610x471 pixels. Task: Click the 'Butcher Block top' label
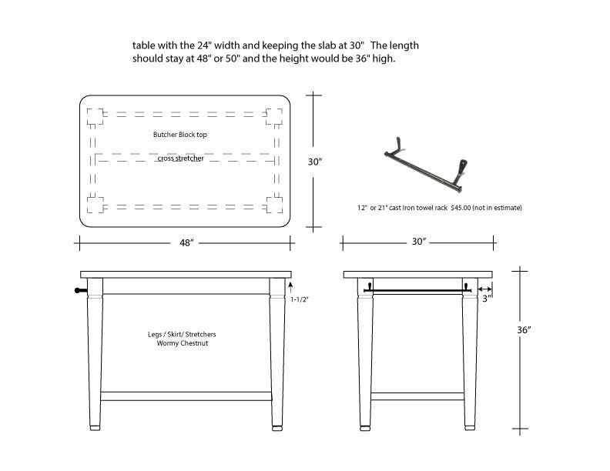[179, 135]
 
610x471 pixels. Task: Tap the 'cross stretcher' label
[180, 159]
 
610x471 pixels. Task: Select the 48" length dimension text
[186, 242]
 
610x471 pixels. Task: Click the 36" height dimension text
[525, 329]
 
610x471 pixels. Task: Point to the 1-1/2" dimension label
[300, 299]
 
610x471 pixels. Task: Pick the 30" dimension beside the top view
[314, 162]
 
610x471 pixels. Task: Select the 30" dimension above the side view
[419, 242]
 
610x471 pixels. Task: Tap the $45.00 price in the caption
[461, 208]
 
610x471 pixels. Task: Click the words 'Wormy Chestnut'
[182, 343]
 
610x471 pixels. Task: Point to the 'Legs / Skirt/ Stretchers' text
[182, 335]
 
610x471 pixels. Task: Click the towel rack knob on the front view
[78, 290]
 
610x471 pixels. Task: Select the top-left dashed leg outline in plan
[95, 116]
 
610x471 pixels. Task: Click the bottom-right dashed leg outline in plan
[274, 204]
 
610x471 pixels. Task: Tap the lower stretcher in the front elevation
[186, 396]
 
